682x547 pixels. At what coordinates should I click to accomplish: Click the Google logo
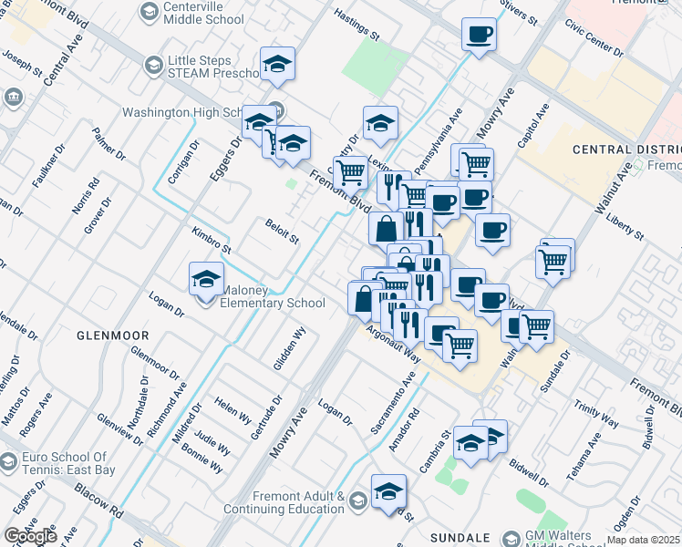[x=30, y=536]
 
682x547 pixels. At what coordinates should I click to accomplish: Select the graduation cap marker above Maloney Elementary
[x=207, y=279]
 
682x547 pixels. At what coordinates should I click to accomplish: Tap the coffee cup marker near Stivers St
[x=479, y=36]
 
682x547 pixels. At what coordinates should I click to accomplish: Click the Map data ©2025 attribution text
[x=644, y=540]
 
